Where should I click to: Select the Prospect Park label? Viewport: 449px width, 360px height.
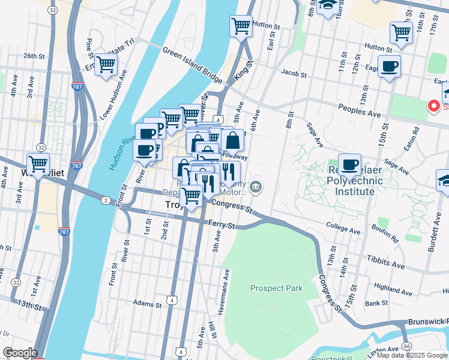coord(276,288)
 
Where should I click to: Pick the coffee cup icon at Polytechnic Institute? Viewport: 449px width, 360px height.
coord(349,164)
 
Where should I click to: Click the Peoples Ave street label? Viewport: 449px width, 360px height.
coord(360,112)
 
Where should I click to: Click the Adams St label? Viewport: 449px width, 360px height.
coord(148,304)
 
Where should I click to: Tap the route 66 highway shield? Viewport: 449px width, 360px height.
coord(406,346)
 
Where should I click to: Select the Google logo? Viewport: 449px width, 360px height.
coord(20,353)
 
